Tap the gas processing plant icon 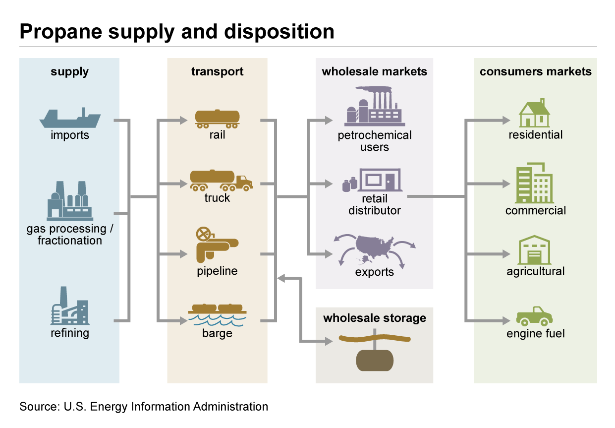[x=69, y=201]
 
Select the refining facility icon [x=69, y=307]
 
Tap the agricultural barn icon [x=535, y=250]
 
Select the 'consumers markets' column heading [x=535, y=71]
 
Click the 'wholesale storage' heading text [x=374, y=318]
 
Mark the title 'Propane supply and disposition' [x=177, y=31]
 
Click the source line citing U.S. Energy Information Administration [x=144, y=407]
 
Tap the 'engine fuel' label [x=535, y=334]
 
